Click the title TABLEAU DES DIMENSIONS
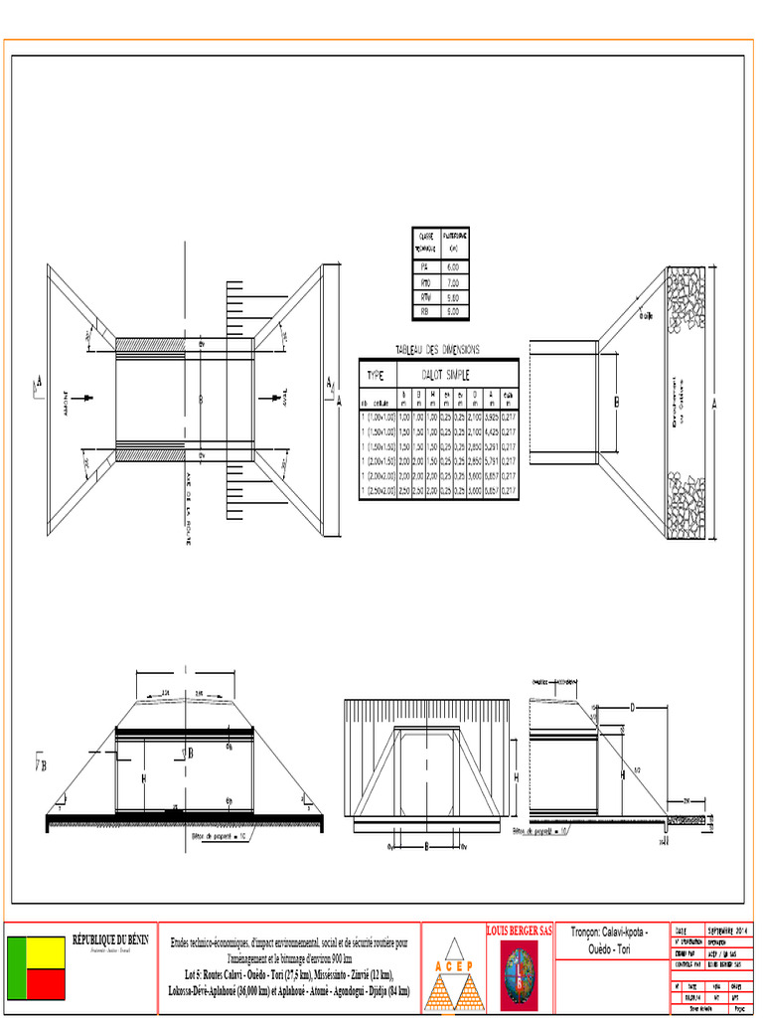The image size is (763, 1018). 437,349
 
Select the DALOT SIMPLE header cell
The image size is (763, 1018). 446,375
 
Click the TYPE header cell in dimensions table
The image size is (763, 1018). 376,375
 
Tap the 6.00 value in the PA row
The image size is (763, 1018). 453,267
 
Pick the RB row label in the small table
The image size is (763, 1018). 425,311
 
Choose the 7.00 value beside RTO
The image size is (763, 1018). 453,282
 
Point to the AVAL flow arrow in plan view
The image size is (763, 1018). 267,399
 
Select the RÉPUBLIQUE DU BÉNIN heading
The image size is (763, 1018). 110,939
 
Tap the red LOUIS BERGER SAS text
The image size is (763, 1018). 519,931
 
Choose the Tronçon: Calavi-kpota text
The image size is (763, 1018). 609,933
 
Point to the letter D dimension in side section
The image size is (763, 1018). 632,708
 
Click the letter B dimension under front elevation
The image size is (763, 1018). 426,847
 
